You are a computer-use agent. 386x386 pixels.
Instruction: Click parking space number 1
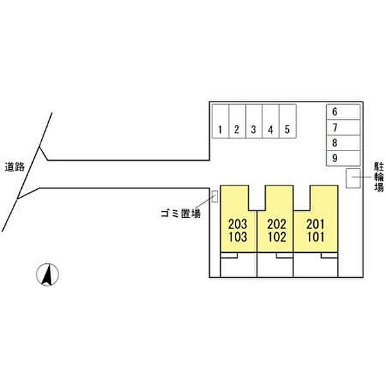pos(221,121)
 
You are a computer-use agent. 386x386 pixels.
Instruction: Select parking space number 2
pos(237,121)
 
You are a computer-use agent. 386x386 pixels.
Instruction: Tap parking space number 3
pos(254,121)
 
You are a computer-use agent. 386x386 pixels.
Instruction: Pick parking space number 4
pos(271,121)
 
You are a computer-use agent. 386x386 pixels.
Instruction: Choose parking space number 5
pos(288,121)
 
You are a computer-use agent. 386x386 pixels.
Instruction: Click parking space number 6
pos(344,112)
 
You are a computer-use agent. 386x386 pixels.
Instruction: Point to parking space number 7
pos(344,127)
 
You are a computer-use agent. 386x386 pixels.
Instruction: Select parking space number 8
pos(344,143)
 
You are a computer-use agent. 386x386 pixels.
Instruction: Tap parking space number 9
pos(344,158)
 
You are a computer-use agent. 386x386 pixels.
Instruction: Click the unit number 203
pos(237,224)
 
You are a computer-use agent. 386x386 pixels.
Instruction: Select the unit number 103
pos(237,237)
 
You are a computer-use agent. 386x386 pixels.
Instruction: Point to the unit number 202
pos(277,224)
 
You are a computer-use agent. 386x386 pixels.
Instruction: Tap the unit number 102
pos(277,237)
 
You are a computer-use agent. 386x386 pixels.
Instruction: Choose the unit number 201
pos(316,224)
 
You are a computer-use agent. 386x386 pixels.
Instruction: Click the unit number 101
pos(316,237)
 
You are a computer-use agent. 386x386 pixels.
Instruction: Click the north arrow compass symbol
pos(48,275)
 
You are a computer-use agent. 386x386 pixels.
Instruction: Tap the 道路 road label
pos(15,167)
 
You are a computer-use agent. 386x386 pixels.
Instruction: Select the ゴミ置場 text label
pos(181,213)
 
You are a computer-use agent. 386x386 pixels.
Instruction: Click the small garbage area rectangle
pos(215,196)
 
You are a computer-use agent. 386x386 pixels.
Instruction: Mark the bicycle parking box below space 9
pos(353,178)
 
